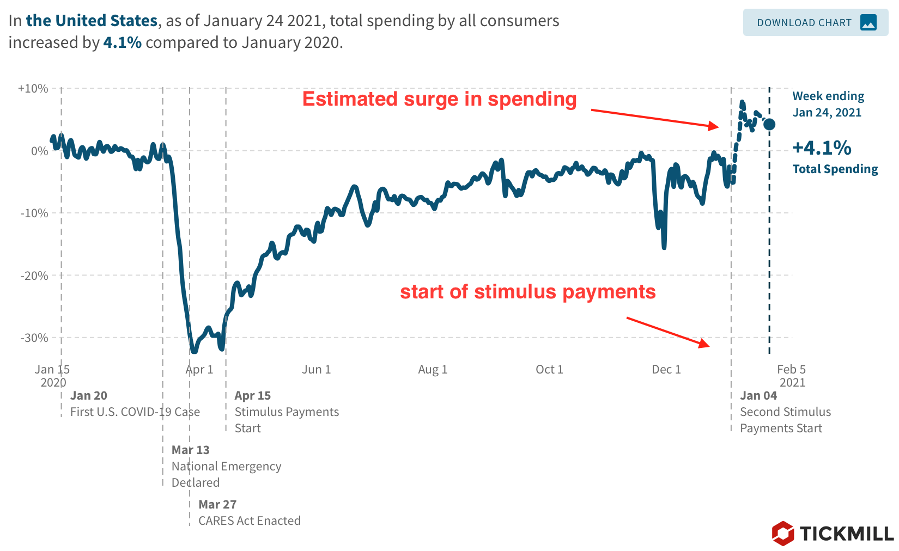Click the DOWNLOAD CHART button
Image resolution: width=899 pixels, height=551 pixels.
pyautogui.click(x=815, y=23)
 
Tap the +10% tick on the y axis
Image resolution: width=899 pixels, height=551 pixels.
pyautogui.click(x=33, y=88)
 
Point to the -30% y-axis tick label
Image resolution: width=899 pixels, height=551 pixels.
pyautogui.click(x=34, y=338)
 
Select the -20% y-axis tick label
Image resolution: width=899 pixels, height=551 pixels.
pyautogui.click(x=34, y=275)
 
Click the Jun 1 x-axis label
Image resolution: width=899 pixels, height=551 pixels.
pyautogui.click(x=316, y=369)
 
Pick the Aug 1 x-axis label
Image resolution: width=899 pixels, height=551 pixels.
pyautogui.click(x=433, y=369)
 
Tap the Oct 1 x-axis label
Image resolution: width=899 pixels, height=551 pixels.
pyautogui.click(x=549, y=369)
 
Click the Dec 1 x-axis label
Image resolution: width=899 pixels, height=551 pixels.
pyautogui.click(x=666, y=369)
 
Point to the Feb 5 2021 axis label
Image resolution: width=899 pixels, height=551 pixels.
pyautogui.click(x=792, y=376)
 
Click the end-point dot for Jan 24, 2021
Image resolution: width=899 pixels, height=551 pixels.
pyautogui.click(x=769, y=124)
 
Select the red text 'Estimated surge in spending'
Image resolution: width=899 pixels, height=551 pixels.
pyautogui.click(x=439, y=99)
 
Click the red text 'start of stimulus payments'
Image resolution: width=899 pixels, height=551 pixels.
pyautogui.click(x=527, y=292)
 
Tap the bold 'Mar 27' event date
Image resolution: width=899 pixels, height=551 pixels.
pyautogui.click(x=217, y=504)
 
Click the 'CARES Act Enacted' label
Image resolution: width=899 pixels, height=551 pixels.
pyautogui.click(x=249, y=521)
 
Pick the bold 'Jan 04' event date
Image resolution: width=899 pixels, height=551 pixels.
pyautogui.click(x=758, y=395)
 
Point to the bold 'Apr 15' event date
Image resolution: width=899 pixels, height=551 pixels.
pyautogui.click(x=252, y=395)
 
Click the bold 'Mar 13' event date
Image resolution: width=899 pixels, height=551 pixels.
pyautogui.click(x=190, y=450)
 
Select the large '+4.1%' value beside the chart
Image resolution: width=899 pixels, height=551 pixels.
pyautogui.click(x=822, y=148)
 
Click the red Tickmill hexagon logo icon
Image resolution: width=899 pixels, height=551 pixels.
pyautogui.click(x=783, y=533)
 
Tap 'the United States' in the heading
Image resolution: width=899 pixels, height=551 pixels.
pyautogui.click(x=92, y=21)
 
